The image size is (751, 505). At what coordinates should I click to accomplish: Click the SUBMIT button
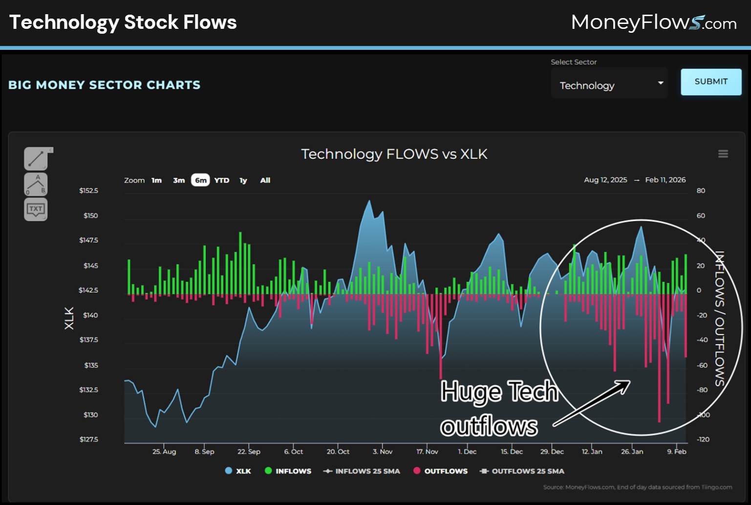tap(710, 82)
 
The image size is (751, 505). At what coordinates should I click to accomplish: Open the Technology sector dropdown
tap(609, 85)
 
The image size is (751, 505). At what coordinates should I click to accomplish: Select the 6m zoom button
tap(200, 180)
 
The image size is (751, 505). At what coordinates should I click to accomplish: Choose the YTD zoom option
tap(221, 180)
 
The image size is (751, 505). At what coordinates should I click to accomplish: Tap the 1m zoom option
tap(156, 180)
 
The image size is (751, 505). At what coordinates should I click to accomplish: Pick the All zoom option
tap(265, 180)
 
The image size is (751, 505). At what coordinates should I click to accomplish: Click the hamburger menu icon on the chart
tap(723, 154)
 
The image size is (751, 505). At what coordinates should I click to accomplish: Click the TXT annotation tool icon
tap(36, 209)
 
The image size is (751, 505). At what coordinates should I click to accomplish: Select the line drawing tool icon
tap(36, 158)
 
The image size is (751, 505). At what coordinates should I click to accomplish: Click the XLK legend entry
tap(238, 471)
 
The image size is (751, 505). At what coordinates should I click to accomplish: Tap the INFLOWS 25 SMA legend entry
tap(362, 471)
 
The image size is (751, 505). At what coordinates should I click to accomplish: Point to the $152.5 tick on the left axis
tap(88, 191)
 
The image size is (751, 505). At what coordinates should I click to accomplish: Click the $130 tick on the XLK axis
tap(90, 415)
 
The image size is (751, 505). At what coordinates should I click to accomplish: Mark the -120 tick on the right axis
tap(702, 439)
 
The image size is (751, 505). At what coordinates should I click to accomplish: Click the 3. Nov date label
tap(382, 452)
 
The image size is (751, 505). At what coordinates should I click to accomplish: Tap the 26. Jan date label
tap(632, 452)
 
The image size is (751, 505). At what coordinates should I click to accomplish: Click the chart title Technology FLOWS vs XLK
tap(394, 154)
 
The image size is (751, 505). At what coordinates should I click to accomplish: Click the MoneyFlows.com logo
tap(653, 22)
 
